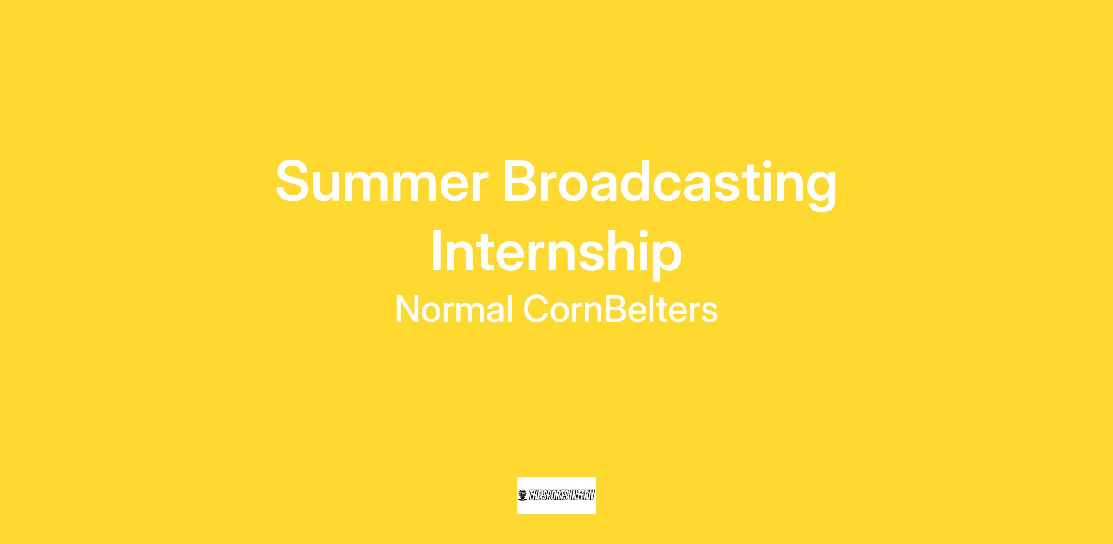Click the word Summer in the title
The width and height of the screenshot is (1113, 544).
tap(382, 181)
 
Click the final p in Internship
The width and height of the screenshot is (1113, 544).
tap(665, 260)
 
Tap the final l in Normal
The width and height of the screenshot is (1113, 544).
tap(510, 308)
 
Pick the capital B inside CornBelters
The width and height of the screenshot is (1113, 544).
tap(615, 309)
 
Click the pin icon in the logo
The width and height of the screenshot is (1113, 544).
tap(523, 495)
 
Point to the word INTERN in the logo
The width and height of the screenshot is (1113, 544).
tap(583, 496)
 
